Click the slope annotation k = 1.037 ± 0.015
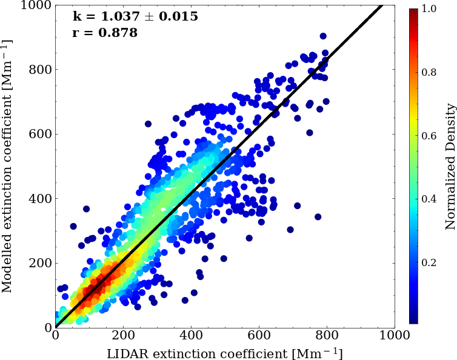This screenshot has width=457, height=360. [x=135, y=17]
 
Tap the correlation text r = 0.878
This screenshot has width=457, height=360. [x=104, y=33]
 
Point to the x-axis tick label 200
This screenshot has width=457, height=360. [x=124, y=335]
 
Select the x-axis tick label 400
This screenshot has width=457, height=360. [x=192, y=335]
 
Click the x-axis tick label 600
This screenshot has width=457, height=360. [x=259, y=335]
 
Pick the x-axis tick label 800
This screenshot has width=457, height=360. [x=327, y=335]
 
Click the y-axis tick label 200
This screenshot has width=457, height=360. [x=41, y=263]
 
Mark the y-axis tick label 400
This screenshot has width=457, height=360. [x=41, y=199]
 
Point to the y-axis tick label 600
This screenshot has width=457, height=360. [x=41, y=134]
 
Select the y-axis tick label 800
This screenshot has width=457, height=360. [x=41, y=70]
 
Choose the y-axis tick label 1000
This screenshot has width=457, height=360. [x=38, y=5]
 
